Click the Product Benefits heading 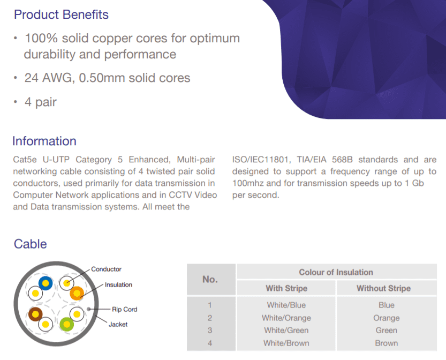pyautogui.click(x=61, y=14)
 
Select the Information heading pyautogui.click(x=44, y=141)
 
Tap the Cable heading pyautogui.click(x=31, y=244)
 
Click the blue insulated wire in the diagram pyautogui.click(x=46, y=283)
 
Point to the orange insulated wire pyautogui.click(x=77, y=294)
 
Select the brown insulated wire pyautogui.click(x=35, y=314)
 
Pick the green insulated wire pyautogui.click(x=67, y=324)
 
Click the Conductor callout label pyautogui.click(x=106, y=269)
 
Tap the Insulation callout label pyautogui.click(x=118, y=285)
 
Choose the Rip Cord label pyautogui.click(x=125, y=309)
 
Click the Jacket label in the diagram pyautogui.click(x=118, y=325)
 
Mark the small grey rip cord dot pyautogui.click(x=89, y=309)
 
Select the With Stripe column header pyautogui.click(x=286, y=288)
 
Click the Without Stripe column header pyautogui.click(x=384, y=288)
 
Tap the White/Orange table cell pyautogui.click(x=286, y=318)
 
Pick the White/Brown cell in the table pyautogui.click(x=286, y=343)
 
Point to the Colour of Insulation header pyautogui.click(x=336, y=272)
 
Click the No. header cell pyautogui.click(x=210, y=280)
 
